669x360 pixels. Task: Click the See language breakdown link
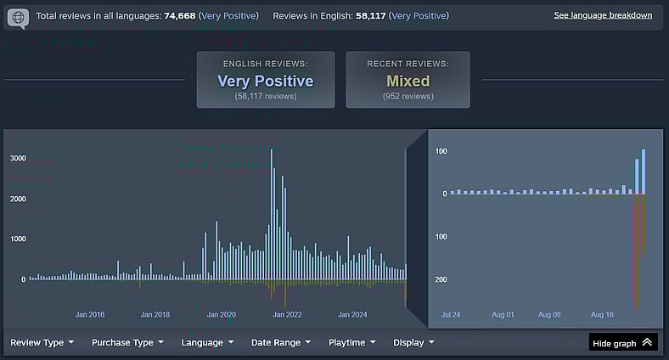point(603,15)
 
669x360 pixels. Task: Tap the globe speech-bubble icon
point(18,17)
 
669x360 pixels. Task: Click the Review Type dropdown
point(42,342)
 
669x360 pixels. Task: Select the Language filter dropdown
point(207,342)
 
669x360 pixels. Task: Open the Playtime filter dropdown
point(351,342)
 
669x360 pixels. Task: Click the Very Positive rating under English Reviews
point(265,82)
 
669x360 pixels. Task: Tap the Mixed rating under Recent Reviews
point(408,82)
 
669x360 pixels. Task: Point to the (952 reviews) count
point(408,97)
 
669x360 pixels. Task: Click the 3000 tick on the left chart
point(18,158)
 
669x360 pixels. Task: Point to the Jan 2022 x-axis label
point(287,314)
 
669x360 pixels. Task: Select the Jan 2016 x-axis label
point(90,314)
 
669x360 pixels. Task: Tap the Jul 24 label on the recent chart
point(452,314)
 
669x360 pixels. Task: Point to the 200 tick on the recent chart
point(441,279)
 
